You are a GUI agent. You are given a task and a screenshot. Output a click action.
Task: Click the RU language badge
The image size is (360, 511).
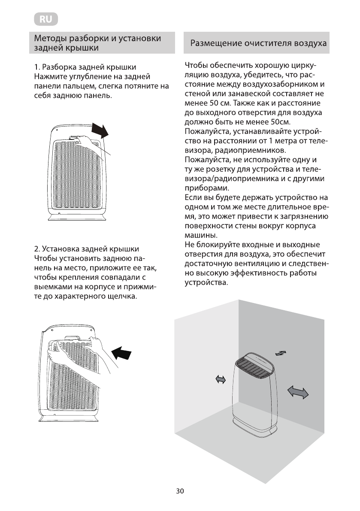point(45,19)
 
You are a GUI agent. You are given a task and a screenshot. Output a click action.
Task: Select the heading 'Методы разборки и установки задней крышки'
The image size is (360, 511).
point(98,43)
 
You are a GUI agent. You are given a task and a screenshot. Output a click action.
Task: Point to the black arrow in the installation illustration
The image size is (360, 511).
point(123,354)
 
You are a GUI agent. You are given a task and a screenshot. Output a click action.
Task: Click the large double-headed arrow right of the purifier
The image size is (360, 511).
point(298,392)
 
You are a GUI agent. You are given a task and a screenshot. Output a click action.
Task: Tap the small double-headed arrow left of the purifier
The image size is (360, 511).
point(221,379)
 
